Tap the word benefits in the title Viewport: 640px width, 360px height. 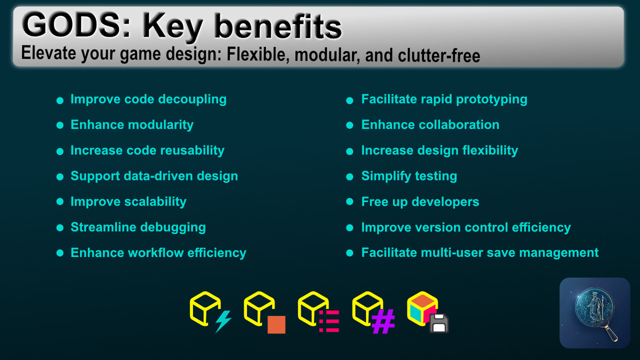coord(278,27)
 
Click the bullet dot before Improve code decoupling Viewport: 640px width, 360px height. coord(60,101)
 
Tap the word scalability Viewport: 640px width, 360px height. coord(155,202)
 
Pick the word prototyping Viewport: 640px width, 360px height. coord(491,100)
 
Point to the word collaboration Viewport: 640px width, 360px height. coord(463,125)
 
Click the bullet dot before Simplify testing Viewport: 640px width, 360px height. coord(350,177)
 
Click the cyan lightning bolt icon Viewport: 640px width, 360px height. coord(223,321)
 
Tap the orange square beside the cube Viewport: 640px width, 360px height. coord(276,325)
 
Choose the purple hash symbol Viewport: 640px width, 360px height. coord(383,322)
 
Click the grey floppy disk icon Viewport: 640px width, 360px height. coord(439,323)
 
